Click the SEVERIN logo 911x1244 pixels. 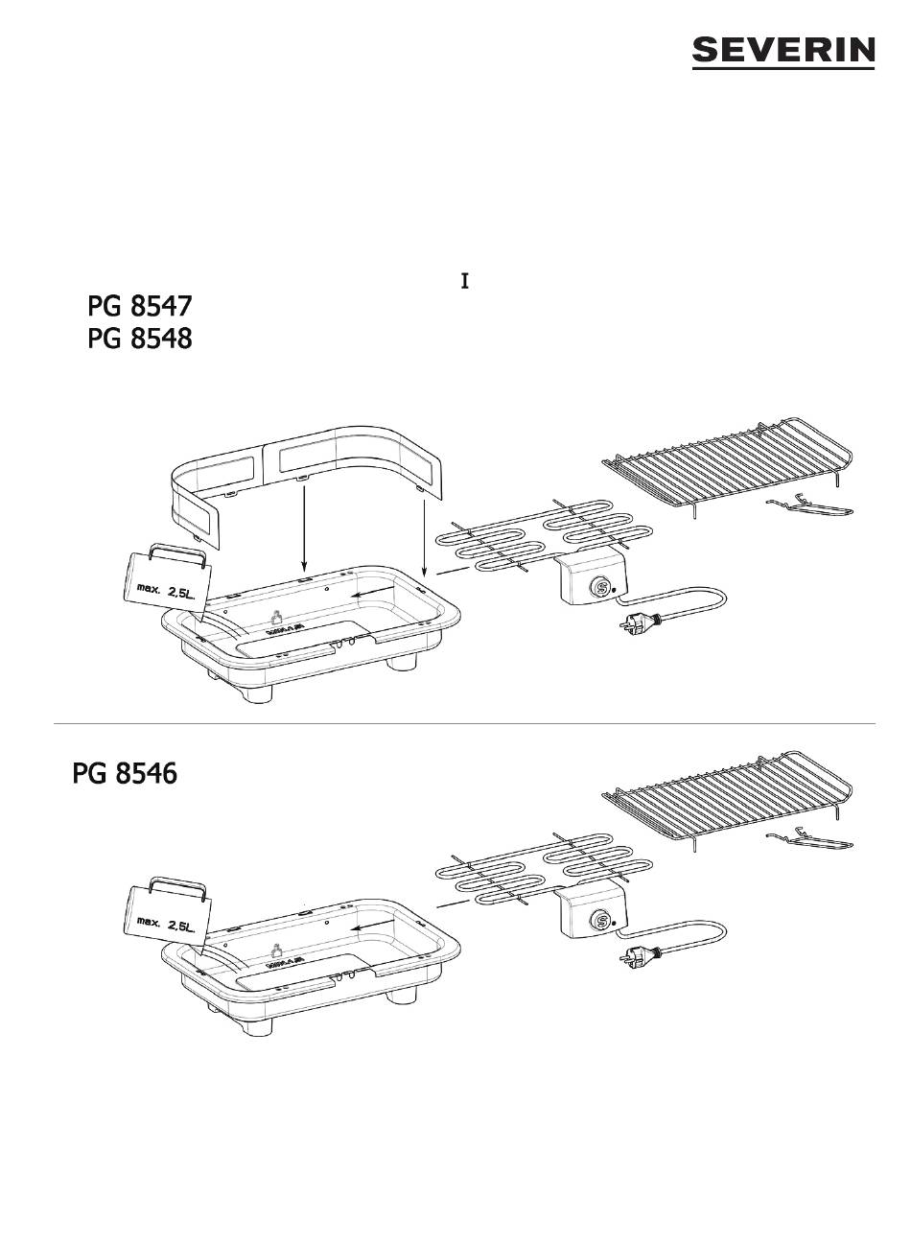point(783,53)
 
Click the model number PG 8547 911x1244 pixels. point(139,307)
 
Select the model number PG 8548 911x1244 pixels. point(139,340)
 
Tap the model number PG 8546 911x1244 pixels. point(125,773)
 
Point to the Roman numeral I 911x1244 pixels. point(465,282)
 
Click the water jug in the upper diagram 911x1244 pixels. point(163,580)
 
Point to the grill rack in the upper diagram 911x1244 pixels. point(729,460)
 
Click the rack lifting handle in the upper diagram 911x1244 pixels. point(809,505)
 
